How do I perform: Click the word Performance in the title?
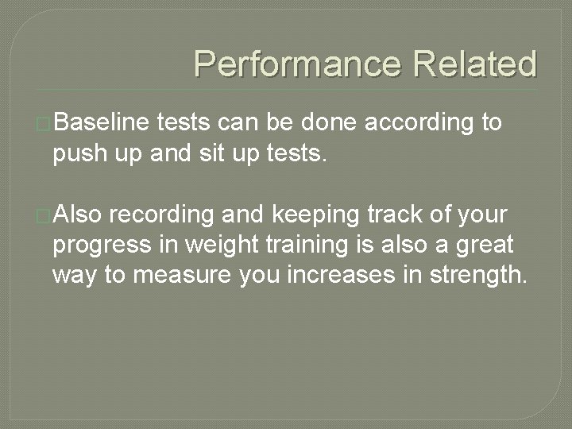[296, 64]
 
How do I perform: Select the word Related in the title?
[473, 64]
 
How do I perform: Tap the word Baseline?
[103, 122]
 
